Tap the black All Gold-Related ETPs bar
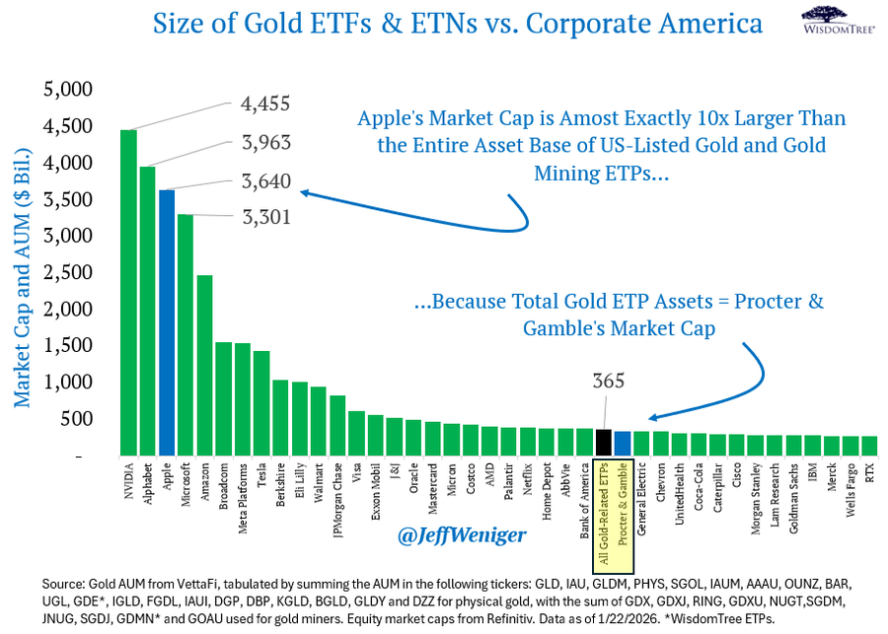604,443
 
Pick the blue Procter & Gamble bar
623,444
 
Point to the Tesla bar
261,403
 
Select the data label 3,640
265,179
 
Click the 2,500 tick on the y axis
68,272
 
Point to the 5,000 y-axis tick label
68,90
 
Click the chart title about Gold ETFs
443,24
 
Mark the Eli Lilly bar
300,418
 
